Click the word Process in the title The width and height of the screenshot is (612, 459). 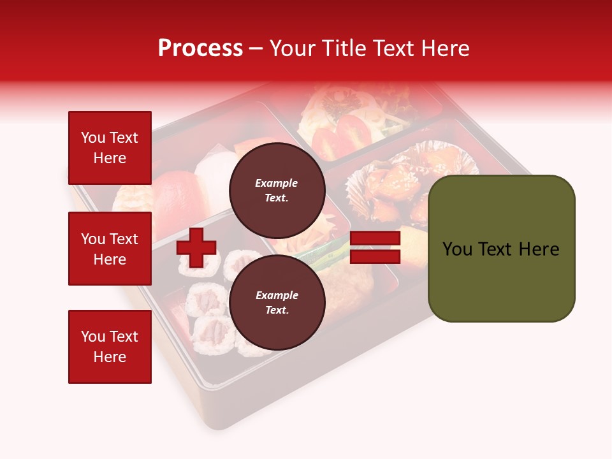point(200,48)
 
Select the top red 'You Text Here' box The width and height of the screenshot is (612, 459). point(110,148)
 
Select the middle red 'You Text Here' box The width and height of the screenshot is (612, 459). point(110,249)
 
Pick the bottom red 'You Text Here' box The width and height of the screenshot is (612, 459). point(110,346)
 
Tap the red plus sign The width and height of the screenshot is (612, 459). point(196,247)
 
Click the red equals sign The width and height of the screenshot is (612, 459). point(375,247)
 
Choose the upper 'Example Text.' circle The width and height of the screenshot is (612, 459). point(277,190)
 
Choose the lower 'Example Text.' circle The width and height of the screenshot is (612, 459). point(277,302)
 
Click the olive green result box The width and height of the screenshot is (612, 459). point(501,249)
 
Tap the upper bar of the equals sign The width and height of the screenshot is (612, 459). point(375,238)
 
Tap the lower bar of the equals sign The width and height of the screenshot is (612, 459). point(375,256)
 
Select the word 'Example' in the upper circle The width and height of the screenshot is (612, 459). point(277,183)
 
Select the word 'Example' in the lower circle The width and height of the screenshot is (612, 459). point(277,295)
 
